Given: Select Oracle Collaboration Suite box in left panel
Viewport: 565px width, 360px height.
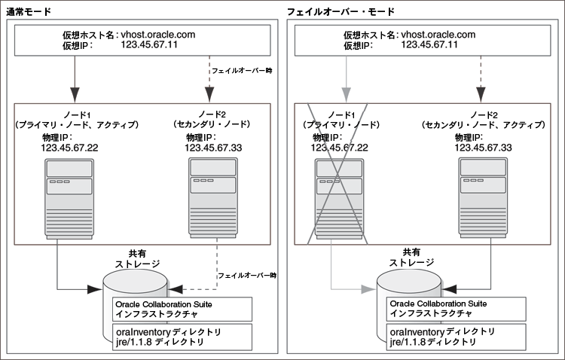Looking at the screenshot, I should point(166,309).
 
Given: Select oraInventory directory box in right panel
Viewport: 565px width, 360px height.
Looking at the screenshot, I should point(441,337).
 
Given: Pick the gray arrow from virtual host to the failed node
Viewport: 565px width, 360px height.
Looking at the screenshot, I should point(345,76).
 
